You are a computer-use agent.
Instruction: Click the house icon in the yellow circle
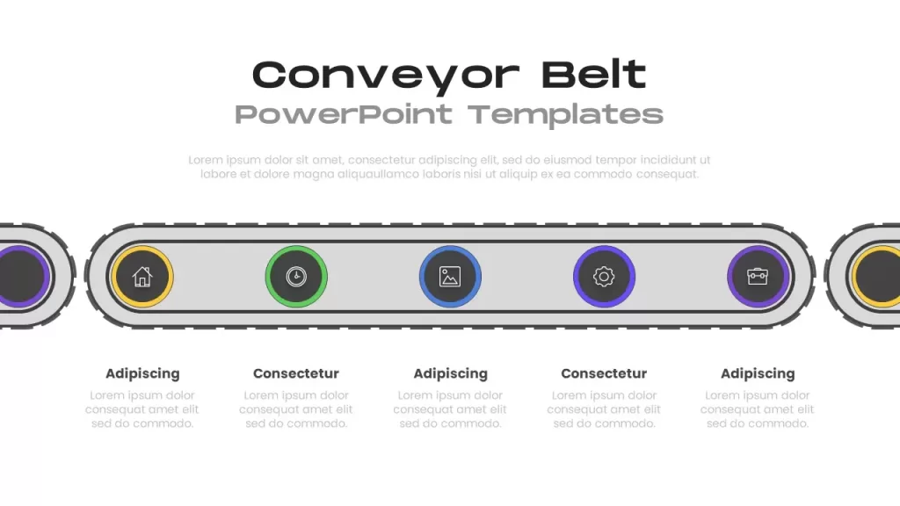tap(142, 277)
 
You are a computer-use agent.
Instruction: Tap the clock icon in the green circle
tap(296, 277)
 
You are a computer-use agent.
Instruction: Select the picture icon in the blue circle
tap(450, 277)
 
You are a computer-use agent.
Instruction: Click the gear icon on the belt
tap(604, 277)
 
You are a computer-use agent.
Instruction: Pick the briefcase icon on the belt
tap(758, 277)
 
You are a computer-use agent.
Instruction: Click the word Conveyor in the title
tap(386, 76)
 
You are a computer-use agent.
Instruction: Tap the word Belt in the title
tap(594, 74)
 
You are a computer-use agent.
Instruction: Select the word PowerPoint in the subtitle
tap(344, 113)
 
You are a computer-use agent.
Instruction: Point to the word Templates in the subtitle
tap(565, 115)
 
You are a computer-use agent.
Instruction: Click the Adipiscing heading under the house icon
tap(142, 373)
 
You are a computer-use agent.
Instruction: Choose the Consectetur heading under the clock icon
tap(296, 372)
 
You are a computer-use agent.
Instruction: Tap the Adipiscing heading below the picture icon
tap(451, 373)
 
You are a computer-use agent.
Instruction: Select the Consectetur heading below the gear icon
tap(604, 372)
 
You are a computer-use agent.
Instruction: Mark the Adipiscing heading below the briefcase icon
tap(758, 373)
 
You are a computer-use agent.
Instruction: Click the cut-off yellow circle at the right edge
tap(876, 277)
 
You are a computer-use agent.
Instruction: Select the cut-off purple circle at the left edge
tap(23, 277)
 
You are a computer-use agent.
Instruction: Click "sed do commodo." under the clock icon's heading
tap(296, 423)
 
